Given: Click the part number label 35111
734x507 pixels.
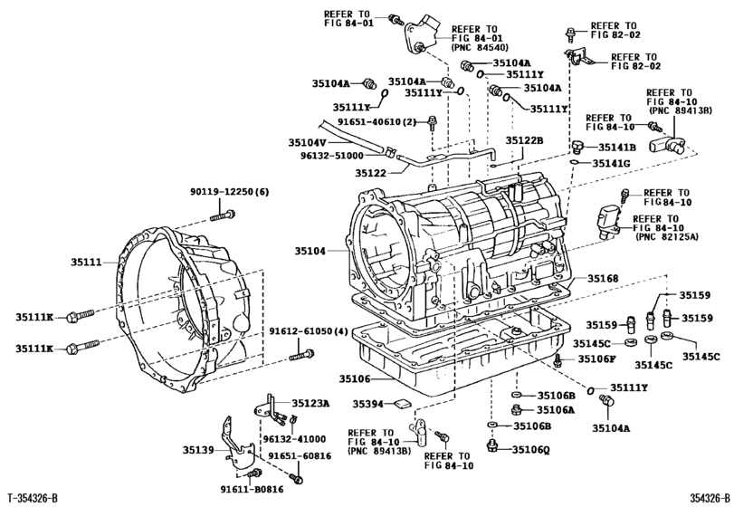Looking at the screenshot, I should coord(90,263).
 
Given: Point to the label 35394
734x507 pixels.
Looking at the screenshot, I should coord(369,404).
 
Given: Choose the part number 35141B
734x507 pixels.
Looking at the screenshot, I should coord(616,147).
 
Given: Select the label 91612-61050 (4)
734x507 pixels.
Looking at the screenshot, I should coord(309,332).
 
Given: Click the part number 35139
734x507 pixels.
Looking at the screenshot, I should coord(201,450).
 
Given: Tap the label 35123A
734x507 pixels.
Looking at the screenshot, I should coord(311,404).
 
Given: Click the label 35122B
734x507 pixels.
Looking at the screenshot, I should coord(524,141).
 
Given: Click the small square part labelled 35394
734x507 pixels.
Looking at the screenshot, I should coord(405,403).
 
